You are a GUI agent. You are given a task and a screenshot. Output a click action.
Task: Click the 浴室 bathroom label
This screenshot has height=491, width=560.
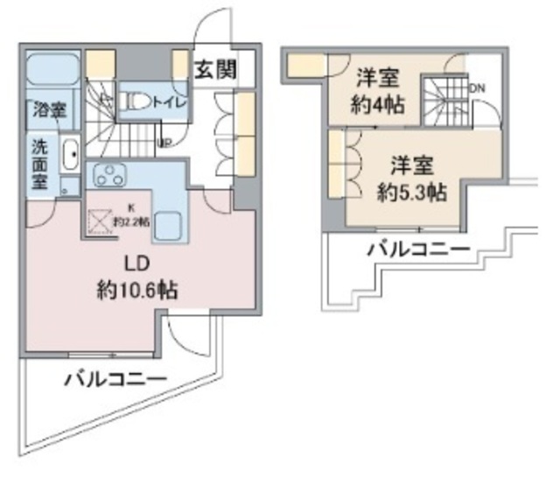(x=49, y=110)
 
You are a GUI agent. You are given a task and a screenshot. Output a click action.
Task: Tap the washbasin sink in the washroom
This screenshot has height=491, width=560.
(x=71, y=158)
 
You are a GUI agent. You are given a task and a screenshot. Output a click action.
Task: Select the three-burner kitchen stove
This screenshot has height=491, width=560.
(x=112, y=175)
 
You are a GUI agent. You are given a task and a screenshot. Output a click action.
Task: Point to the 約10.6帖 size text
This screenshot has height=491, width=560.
(x=136, y=290)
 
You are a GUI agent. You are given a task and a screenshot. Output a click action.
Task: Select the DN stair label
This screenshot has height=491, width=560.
(x=479, y=88)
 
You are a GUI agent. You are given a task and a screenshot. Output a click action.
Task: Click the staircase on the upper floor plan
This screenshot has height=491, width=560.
(x=445, y=98)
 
